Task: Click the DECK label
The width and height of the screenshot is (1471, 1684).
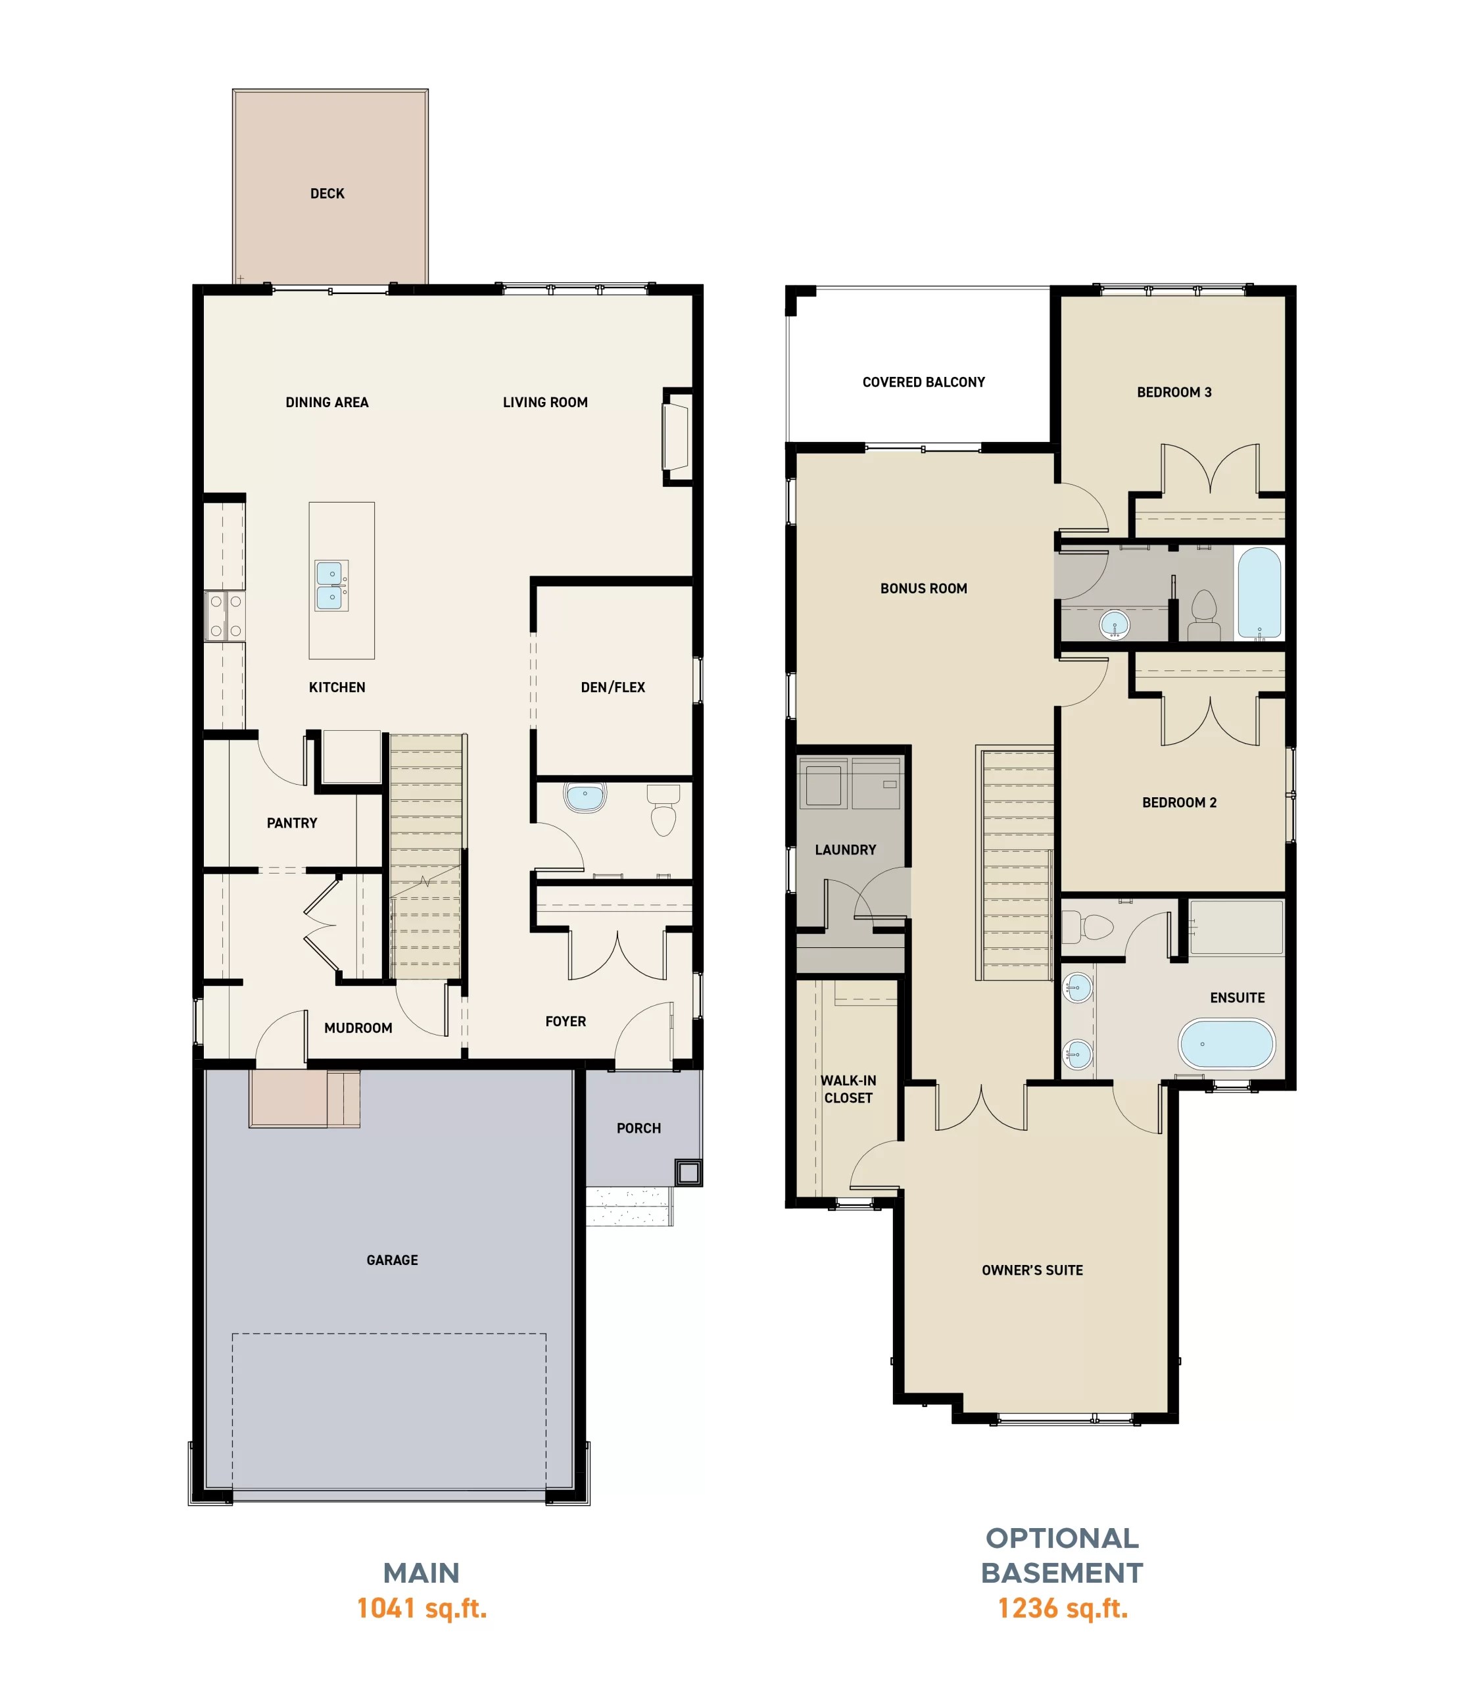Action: click(327, 194)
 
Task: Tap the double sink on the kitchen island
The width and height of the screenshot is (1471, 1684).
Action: click(331, 585)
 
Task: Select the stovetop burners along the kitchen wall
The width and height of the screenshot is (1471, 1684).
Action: click(225, 616)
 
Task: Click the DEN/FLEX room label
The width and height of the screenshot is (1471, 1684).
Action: click(612, 687)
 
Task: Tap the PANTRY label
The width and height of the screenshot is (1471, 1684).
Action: click(291, 823)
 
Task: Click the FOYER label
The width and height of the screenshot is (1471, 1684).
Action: click(566, 1022)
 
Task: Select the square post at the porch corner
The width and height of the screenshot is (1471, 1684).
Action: click(688, 1172)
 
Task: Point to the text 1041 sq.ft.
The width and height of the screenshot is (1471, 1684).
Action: click(422, 1608)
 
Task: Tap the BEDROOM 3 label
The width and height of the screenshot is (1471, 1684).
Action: click(1174, 393)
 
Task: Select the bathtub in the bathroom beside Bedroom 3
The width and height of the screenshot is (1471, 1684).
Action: click(1259, 593)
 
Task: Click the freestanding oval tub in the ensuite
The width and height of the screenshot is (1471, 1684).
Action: click(1226, 1043)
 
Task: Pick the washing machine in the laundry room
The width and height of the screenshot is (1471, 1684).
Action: click(823, 786)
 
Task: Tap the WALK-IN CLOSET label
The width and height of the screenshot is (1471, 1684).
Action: click(848, 1089)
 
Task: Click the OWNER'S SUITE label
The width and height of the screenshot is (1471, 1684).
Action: click(1032, 1270)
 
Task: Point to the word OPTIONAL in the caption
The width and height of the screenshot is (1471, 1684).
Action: click(1061, 1538)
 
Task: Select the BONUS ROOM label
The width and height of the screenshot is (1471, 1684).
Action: click(923, 589)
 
